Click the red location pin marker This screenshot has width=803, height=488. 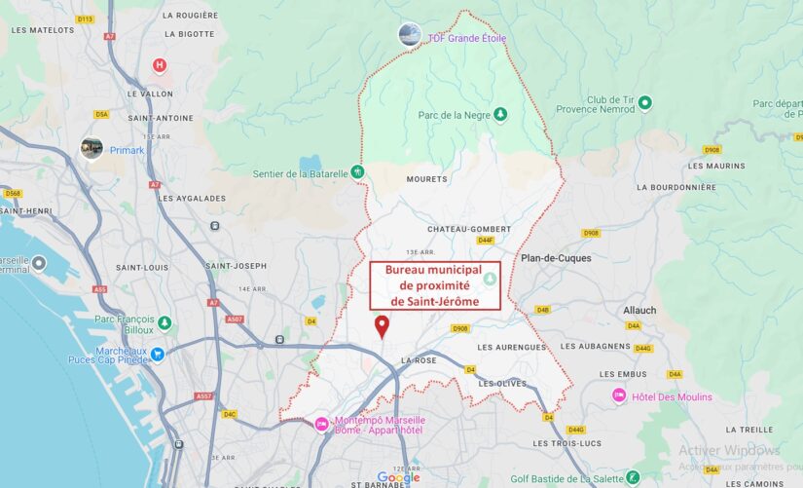(x=382, y=326)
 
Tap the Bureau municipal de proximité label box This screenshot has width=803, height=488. (x=435, y=285)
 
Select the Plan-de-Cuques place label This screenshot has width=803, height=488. (x=556, y=258)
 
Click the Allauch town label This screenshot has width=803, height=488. (x=639, y=310)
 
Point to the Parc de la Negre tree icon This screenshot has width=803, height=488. (x=500, y=115)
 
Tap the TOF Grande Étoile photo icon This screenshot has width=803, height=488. (x=410, y=35)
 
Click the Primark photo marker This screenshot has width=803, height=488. (x=91, y=148)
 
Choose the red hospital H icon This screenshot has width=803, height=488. (x=160, y=65)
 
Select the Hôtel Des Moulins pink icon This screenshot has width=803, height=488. (x=619, y=395)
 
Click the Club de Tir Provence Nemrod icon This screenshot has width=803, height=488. (x=644, y=102)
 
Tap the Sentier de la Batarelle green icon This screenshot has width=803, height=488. (x=358, y=172)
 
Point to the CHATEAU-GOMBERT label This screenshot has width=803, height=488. (x=468, y=229)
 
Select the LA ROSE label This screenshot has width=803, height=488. (x=419, y=359)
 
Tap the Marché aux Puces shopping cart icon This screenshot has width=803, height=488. (x=157, y=355)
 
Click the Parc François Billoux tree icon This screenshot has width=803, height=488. (x=164, y=322)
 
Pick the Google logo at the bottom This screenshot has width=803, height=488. (x=398, y=477)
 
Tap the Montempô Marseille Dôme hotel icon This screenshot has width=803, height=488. (x=321, y=423)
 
